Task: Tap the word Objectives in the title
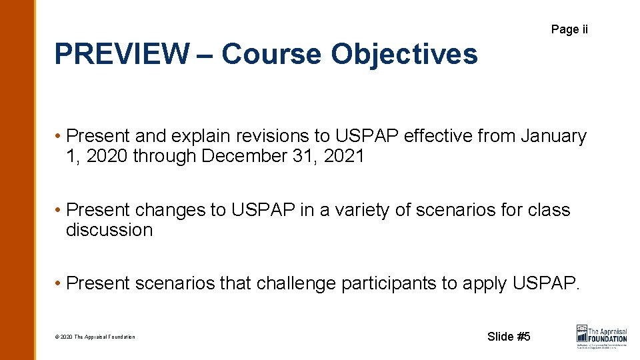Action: coord(405,54)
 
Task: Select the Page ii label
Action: coord(569,29)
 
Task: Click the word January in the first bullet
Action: coord(554,136)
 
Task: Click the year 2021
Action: coord(343,156)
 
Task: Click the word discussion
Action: coord(109,230)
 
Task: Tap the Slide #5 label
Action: coord(509,337)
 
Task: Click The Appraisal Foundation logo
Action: coord(601,337)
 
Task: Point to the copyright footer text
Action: coord(95,337)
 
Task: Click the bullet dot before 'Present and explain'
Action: coord(59,137)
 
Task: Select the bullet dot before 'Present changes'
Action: coord(59,211)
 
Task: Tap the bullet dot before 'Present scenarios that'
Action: coord(59,284)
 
